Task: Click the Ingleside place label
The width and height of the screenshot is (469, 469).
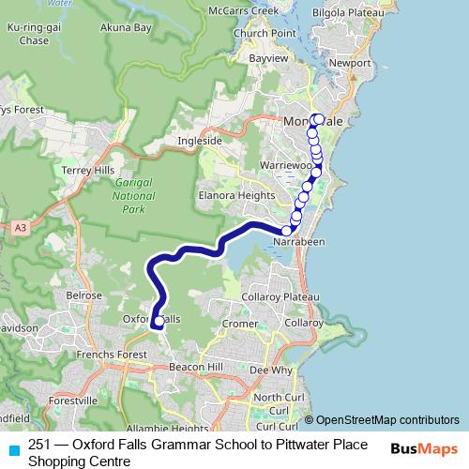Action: coord(200,141)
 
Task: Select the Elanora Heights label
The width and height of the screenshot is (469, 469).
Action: coord(235,195)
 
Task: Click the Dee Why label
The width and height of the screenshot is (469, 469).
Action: coord(269,371)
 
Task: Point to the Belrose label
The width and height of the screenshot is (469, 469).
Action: coord(83,295)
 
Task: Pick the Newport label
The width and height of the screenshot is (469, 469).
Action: coord(352,63)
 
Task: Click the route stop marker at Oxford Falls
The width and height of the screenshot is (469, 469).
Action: coord(158,322)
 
